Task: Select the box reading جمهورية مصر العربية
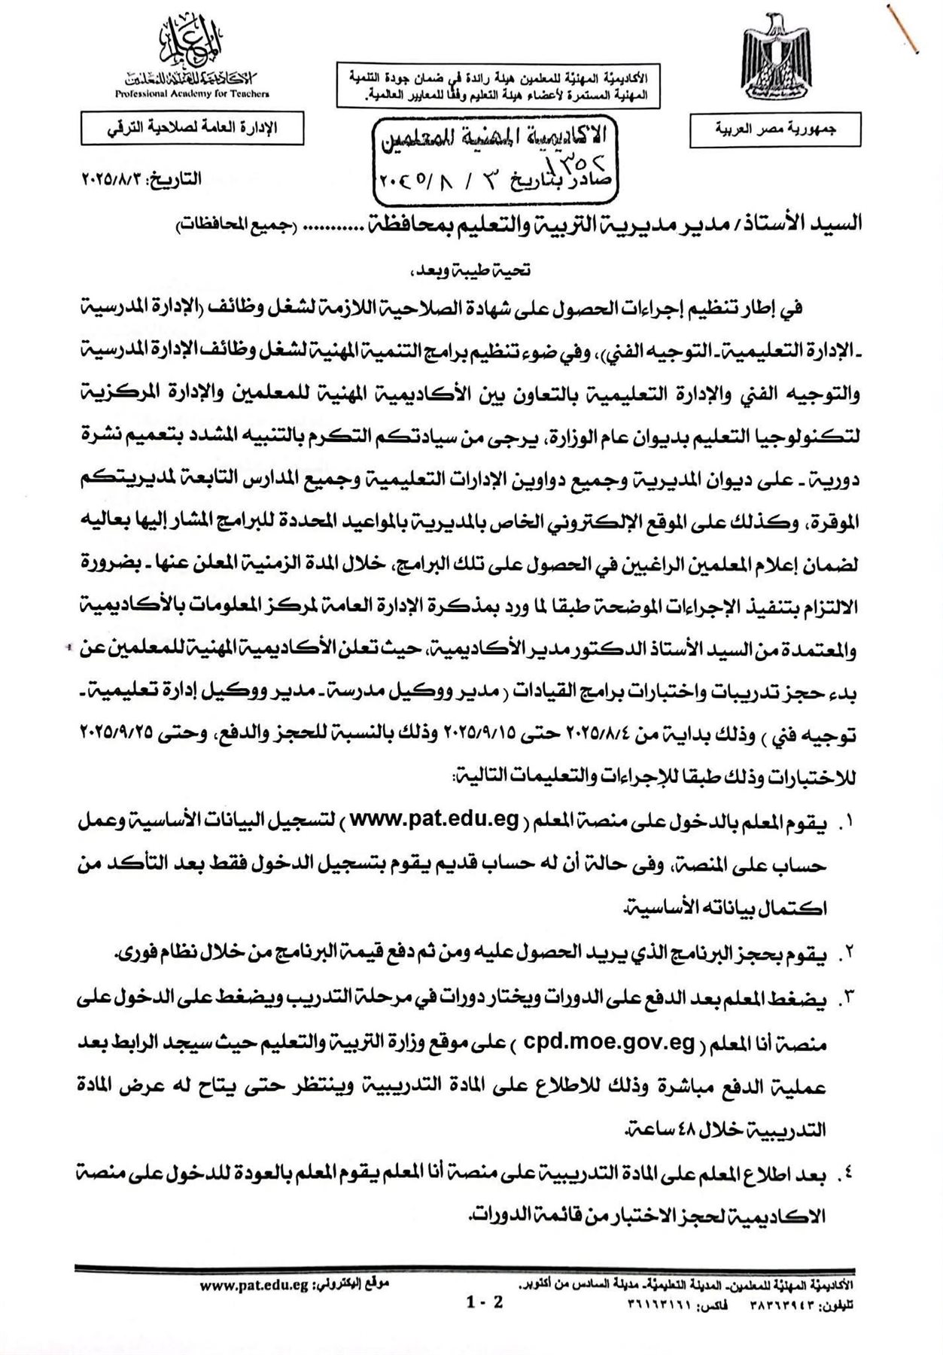775,130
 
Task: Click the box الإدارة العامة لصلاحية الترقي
191,127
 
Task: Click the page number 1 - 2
485,1302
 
